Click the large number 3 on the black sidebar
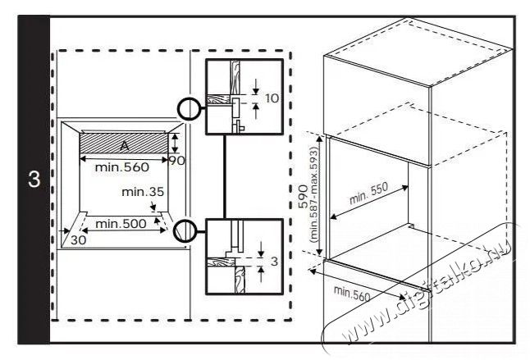(34, 179)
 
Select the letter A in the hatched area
(124, 144)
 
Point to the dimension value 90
(176, 161)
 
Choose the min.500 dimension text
(121, 223)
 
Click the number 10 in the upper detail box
(272, 98)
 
